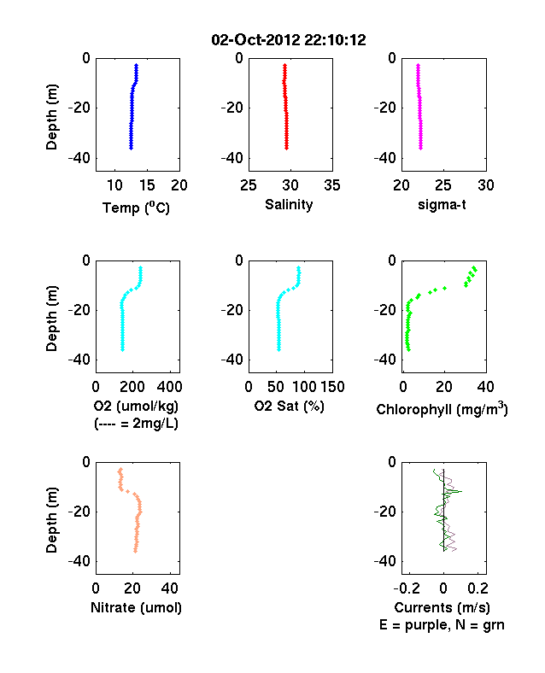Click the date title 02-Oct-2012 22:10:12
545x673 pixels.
tap(289, 40)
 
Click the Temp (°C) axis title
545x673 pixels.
tap(136, 208)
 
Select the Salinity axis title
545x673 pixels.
tap(289, 204)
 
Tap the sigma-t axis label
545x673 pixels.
tap(442, 205)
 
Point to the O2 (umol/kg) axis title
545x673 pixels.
tap(136, 406)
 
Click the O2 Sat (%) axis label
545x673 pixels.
tap(289, 406)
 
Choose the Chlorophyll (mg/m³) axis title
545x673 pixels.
tap(442, 409)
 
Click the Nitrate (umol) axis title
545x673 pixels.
tap(136, 608)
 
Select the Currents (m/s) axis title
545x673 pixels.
tap(442, 608)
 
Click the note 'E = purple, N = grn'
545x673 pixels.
tap(442, 625)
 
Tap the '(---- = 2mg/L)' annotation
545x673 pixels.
tap(136, 424)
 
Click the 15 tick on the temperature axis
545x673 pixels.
tap(147, 185)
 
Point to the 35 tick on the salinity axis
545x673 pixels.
tap(332, 185)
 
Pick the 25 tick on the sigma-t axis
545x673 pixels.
tap(443, 185)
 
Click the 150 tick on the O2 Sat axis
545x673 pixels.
tap(332, 387)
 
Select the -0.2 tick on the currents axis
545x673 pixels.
tap(407, 588)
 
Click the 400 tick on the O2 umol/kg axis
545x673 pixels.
tap(169, 387)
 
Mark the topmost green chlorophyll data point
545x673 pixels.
tap(474, 268)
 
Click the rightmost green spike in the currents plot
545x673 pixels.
tap(461, 491)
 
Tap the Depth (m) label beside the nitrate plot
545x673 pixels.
tap(51, 520)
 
